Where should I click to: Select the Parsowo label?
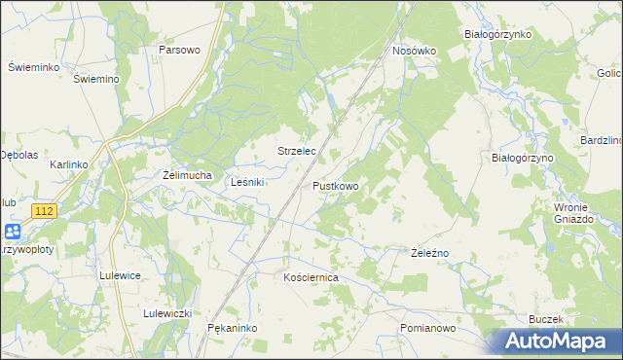click(179, 50)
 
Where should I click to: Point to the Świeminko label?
click(34, 67)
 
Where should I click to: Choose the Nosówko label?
click(414, 51)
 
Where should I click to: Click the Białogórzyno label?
click(522, 157)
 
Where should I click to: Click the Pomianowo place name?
click(428, 329)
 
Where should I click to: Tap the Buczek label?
click(546, 319)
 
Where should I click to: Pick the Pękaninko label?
click(232, 329)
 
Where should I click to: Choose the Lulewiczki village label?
click(167, 313)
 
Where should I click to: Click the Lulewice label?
click(121, 275)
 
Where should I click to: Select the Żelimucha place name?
click(187, 175)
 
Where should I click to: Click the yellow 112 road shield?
click(44, 211)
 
